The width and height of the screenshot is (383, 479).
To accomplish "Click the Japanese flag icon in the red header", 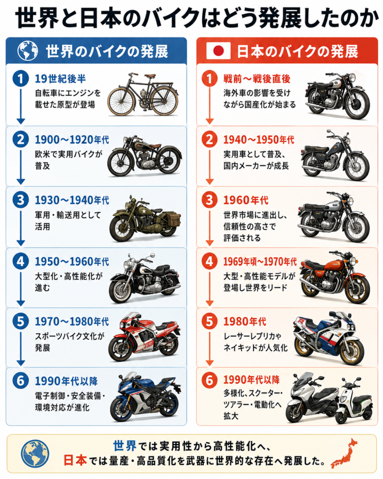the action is coord(218,51).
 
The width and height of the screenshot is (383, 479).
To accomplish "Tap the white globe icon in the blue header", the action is coord(28,51).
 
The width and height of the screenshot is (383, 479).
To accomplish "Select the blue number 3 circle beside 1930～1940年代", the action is coord(21,200).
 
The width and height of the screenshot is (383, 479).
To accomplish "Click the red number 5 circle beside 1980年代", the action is coord(209,321).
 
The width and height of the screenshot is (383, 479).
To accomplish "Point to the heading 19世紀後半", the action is coord(60,79).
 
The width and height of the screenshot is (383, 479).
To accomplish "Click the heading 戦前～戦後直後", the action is coord(257,79).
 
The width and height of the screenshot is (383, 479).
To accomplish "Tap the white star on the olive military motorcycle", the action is coord(142,211).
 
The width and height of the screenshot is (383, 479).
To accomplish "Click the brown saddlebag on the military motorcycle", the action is coord(173,219).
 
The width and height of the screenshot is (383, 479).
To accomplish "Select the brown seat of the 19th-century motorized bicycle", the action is coord(150,76).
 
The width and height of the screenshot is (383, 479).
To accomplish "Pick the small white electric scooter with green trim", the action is coord(354,401).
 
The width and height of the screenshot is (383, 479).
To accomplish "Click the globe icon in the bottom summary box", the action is coord(35,453).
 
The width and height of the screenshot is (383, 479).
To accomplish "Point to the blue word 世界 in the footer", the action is coord(124,446).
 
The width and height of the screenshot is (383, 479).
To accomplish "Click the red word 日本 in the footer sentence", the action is coord(75,460).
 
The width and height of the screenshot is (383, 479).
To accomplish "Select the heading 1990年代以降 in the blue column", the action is coord(66,381).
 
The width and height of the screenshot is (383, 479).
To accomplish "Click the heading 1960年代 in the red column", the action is coord(246,200).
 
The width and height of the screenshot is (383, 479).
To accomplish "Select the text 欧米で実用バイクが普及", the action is coord(69,160).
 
